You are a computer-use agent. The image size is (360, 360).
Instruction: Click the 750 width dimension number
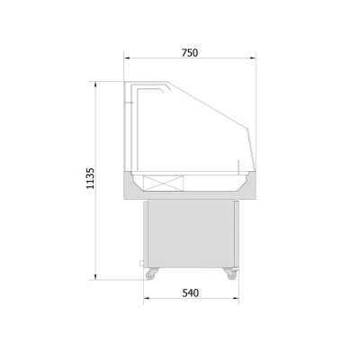pyautogui.click(x=190, y=53)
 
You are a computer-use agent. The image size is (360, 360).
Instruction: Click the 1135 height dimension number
pyautogui.click(x=90, y=178)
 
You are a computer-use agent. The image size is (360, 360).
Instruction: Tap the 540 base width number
pyautogui.click(x=191, y=292)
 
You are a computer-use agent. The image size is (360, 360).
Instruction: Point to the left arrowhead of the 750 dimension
pyautogui.click(x=127, y=58)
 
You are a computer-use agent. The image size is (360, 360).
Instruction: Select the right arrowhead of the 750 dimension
pyautogui.click(x=253, y=58)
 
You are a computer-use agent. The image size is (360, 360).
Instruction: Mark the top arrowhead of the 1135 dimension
pyautogui.click(x=95, y=85)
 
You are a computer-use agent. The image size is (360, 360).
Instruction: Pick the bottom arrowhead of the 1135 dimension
pyautogui.click(x=95, y=276)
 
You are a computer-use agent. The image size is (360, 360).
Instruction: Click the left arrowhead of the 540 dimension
pyautogui.click(x=147, y=298)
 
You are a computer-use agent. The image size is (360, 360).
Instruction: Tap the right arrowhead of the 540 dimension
pyautogui.click(x=236, y=298)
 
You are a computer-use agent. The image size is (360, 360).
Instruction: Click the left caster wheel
pyautogui.click(x=150, y=274)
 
